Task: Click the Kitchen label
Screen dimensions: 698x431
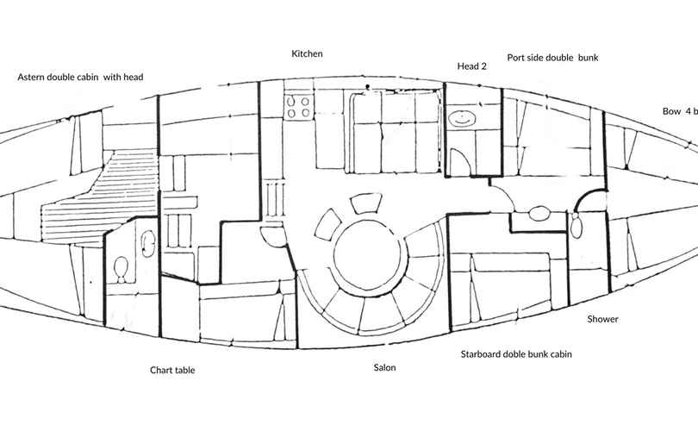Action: click(307, 53)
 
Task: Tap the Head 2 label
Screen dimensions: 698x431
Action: click(472, 66)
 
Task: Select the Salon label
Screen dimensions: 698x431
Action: click(384, 367)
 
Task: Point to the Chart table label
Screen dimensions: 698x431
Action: click(172, 370)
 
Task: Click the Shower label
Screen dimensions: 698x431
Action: click(602, 319)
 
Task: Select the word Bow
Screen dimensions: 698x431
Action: click(672, 111)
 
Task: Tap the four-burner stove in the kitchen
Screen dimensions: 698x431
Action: click(298, 106)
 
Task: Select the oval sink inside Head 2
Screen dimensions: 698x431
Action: click(462, 118)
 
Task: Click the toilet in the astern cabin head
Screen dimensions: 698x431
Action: click(121, 269)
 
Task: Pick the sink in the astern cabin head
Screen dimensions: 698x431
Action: click(148, 243)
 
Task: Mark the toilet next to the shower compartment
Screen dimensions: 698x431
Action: click(576, 225)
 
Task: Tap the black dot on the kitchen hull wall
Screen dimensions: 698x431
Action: click(368, 86)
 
